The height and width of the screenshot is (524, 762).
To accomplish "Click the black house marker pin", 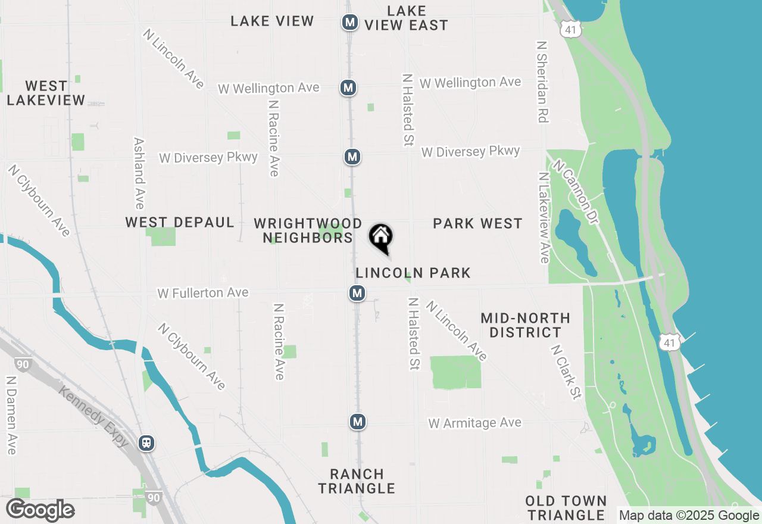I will (x=381, y=238).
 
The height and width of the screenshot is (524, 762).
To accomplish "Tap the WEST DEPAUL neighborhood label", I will (x=179, y=222).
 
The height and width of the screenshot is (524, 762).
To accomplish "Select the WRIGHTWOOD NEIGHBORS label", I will (x=308, y=230).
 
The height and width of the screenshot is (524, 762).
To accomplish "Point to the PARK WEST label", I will (x=477, y=223).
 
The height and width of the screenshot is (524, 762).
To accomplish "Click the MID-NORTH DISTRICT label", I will (x=525, y=325).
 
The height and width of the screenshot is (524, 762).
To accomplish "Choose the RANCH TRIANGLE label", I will (x=357, y=481).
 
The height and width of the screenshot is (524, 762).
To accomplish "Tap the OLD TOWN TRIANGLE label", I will (x=566, y=508).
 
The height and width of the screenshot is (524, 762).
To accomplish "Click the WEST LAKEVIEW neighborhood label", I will (x=46, y=93).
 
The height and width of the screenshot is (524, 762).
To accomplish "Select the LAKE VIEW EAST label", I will (x=406, y=18).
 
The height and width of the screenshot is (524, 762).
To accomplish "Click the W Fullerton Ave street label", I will (x=203, y=293).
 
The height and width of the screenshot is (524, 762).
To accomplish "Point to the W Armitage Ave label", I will (x=474, y=423).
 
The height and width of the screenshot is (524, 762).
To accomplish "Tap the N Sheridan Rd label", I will (x=541, y=82).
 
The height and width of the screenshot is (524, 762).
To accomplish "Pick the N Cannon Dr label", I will (x=575, y=191).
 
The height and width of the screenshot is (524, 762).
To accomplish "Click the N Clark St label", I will (x=566, y=372).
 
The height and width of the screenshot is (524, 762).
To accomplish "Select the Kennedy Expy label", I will (x=93, y=415).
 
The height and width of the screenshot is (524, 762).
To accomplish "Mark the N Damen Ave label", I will (x=11, y=414).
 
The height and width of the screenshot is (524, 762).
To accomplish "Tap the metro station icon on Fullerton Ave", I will (x=357, y=293).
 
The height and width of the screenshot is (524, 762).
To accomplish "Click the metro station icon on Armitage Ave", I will (x=357, y=422).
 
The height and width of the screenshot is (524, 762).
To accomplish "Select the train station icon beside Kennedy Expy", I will (x=146, y=443).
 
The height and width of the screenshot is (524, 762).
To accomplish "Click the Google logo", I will (x=40, y=510).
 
